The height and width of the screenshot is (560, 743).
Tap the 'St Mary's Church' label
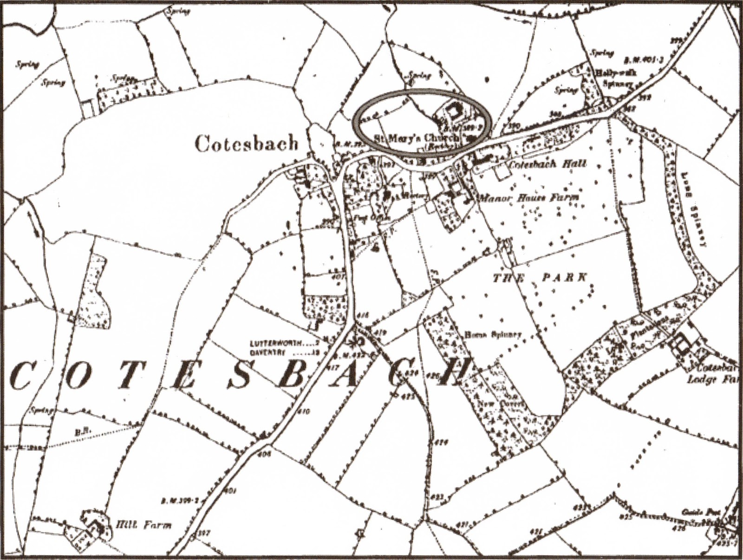click(x=416, y=138)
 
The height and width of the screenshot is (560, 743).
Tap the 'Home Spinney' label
click(x=493, y=334)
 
